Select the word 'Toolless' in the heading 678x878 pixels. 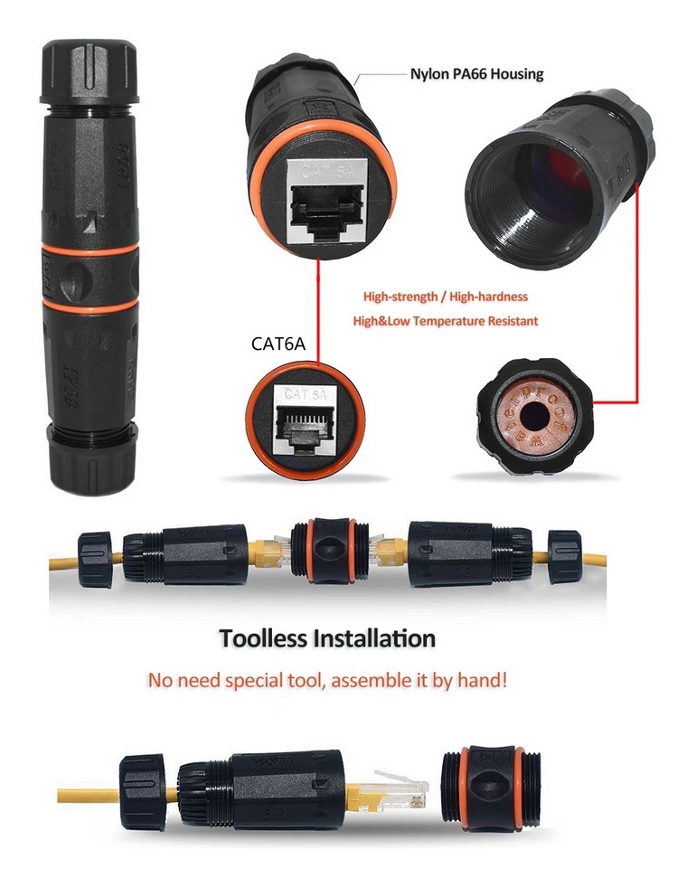click(x=263, y=638)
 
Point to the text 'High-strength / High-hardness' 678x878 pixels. click(x=446, y=296)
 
